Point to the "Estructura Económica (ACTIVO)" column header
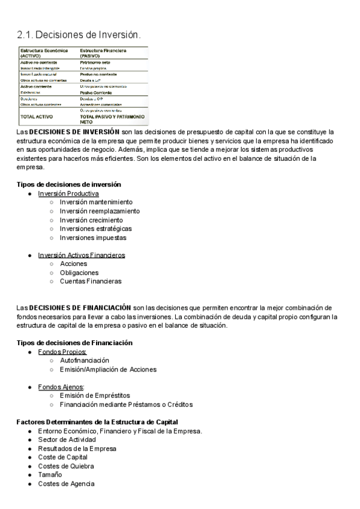tap(44, 52)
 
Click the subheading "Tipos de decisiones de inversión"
tap(68, 184)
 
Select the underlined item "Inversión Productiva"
tap(68, 194)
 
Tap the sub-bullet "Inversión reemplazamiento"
tap(100, 211)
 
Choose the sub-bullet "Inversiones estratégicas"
tap(96, 229)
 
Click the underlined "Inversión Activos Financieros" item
tap(82, 255)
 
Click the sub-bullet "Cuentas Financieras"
tap(91, 281)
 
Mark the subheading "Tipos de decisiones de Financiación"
tap(74, 343)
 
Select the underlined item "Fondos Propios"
tap(62, 352)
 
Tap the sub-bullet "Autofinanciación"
tap(88, 360)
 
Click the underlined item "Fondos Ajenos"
tap(61, 387)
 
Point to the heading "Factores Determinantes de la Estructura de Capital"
tap(97, 422)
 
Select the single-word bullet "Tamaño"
tap(50, 475)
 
